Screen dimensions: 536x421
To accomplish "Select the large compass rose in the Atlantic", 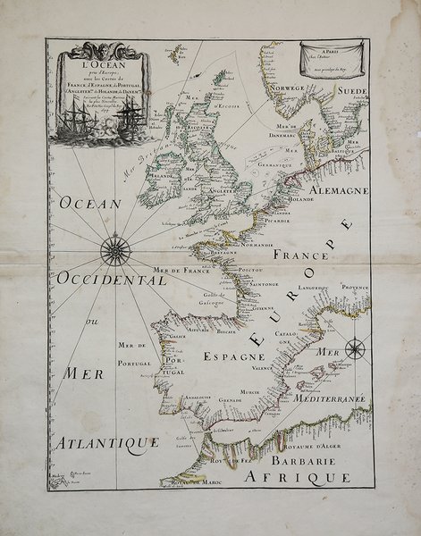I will click(x=114, y=249).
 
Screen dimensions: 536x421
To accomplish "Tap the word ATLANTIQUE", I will click(x=105, y=442).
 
